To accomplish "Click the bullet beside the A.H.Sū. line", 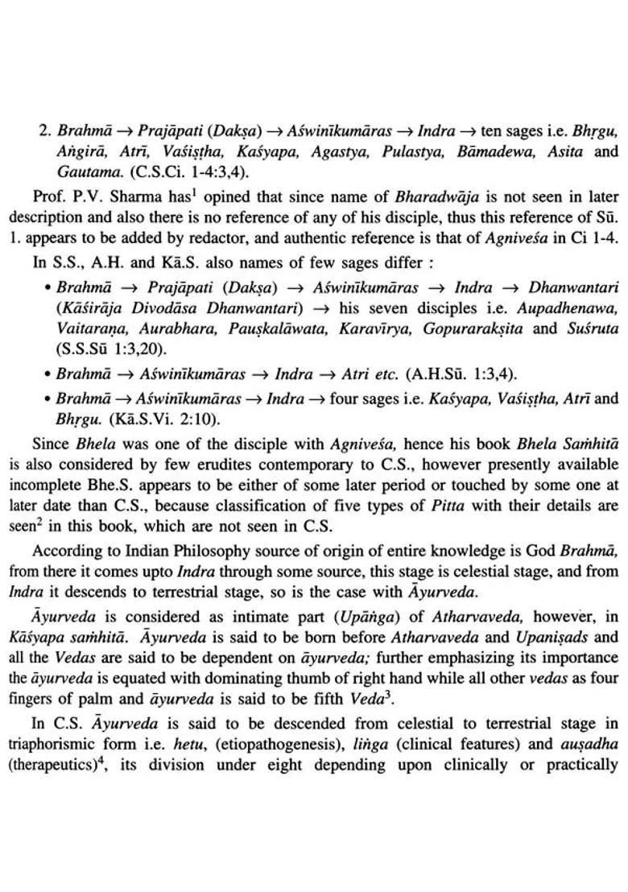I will point(49,374).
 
